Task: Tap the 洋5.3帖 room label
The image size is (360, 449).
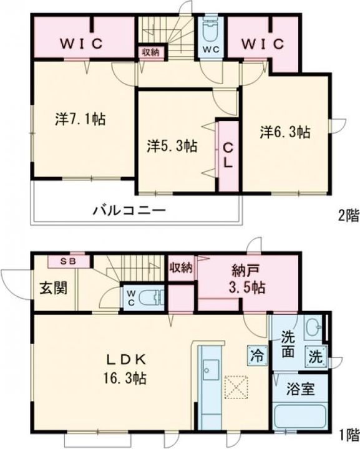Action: pyautogui.click(x=173, y=146)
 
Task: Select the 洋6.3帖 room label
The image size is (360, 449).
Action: pyautogui.click(x=285, y=132)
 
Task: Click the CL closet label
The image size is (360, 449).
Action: pyautogui.click(x=228, y=155)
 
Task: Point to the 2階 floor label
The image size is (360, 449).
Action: pyautogui.click(x=348, y=216)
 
